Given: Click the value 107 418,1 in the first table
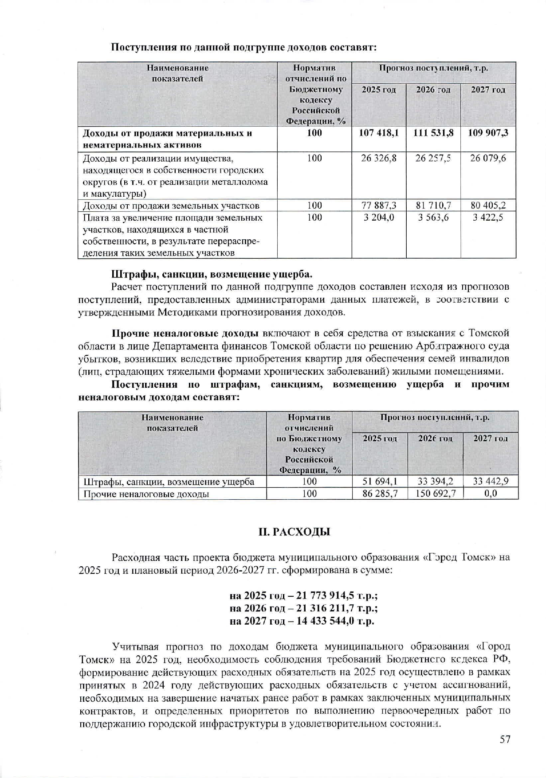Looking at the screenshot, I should tap(379, 133).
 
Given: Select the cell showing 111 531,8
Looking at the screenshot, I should tap(433, 133).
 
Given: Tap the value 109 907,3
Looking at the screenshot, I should tap(488, 133).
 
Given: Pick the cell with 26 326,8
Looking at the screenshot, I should tap(379, 158).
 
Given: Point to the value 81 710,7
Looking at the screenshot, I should tap(433, 205).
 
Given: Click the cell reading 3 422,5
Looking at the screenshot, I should tap(488, 218).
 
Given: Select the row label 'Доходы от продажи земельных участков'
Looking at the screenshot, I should tap(171, 206).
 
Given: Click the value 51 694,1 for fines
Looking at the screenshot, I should tap(380, 481).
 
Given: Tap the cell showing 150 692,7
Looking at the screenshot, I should tap(435, 493).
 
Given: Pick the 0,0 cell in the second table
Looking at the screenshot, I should tap(490, 493).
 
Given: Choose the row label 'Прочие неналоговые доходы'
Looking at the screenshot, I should tap(146, 494).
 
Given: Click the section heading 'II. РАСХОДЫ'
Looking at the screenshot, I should tap(295, 532).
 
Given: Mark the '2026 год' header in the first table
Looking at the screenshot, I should tap(433, 90).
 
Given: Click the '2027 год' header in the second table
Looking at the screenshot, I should tap(490, 438).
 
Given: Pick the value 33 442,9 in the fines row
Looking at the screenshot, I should tap(490, 481).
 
